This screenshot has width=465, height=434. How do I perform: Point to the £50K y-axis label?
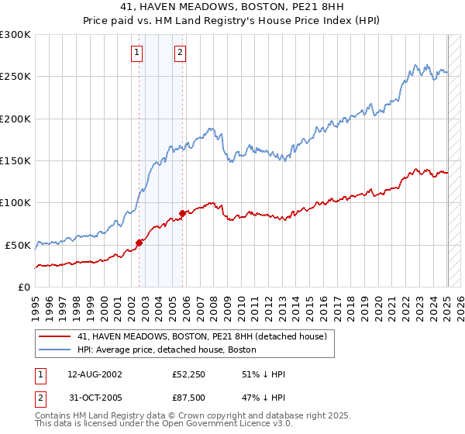point(18,245)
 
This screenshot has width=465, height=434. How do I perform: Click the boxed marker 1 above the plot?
point(136,53)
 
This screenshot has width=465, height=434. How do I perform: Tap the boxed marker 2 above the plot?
point(180,53)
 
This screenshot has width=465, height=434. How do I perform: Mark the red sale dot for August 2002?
point(139,243)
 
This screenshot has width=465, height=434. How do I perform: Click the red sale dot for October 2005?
point(183,213)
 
